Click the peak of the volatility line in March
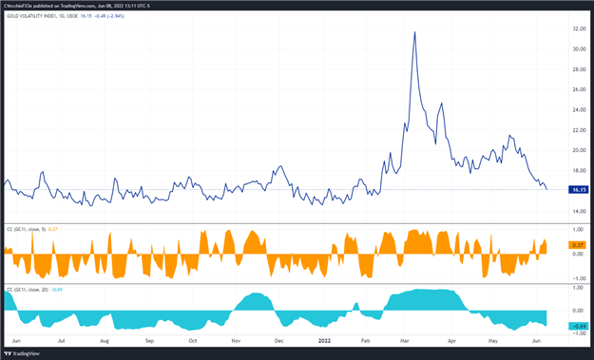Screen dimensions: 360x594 pyautogui.click(x=414, y=32)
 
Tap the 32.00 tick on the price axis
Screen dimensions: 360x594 pyautogui.click(x=577, y=28)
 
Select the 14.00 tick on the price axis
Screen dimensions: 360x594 pyautogui.click(x=577, y=210)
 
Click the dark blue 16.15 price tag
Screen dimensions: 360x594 pyautogui.click(x=577, y=189)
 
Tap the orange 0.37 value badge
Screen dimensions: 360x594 pyautogui.click(x=577, y=245)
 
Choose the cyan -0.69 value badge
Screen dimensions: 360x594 pyautogui.click(x=577, y=326)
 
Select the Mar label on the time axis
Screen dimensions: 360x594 pyautogui.click(x=405, y=339)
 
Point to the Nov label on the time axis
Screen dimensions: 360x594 pyautogui.click(x=236, y=339)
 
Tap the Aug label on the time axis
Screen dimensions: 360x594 pyautogui.click(x=105, y=339)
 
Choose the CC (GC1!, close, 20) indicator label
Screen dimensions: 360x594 pyautogui.click(x=29, y=288)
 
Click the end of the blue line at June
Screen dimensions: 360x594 pyautogui.click(x=546, y=189)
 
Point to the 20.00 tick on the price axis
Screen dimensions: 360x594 pyautogui.click(x=577, y=150)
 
